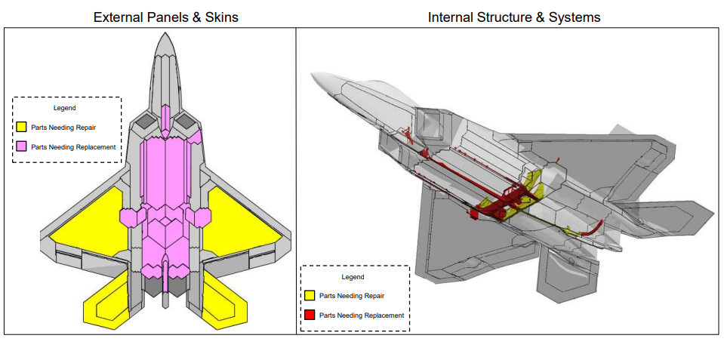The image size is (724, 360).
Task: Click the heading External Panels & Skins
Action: click(x=165, y=17)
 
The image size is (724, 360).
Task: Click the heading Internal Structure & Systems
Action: click(x=514, y=17)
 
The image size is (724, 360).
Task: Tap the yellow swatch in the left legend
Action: click(x=23, y=128)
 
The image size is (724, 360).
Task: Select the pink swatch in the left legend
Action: click(x=23, y=147)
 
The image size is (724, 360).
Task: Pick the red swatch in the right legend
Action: click(x=310, y=315)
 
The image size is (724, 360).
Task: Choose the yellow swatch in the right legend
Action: click(x=310, y=295)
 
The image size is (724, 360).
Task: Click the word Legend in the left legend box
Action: click(x=65, y=108)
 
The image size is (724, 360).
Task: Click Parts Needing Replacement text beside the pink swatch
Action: click(x=73, y=147)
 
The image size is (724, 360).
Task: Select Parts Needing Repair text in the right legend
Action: click(x=352, y=296)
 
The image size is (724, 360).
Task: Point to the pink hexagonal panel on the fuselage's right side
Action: click(x=200, y=217)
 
